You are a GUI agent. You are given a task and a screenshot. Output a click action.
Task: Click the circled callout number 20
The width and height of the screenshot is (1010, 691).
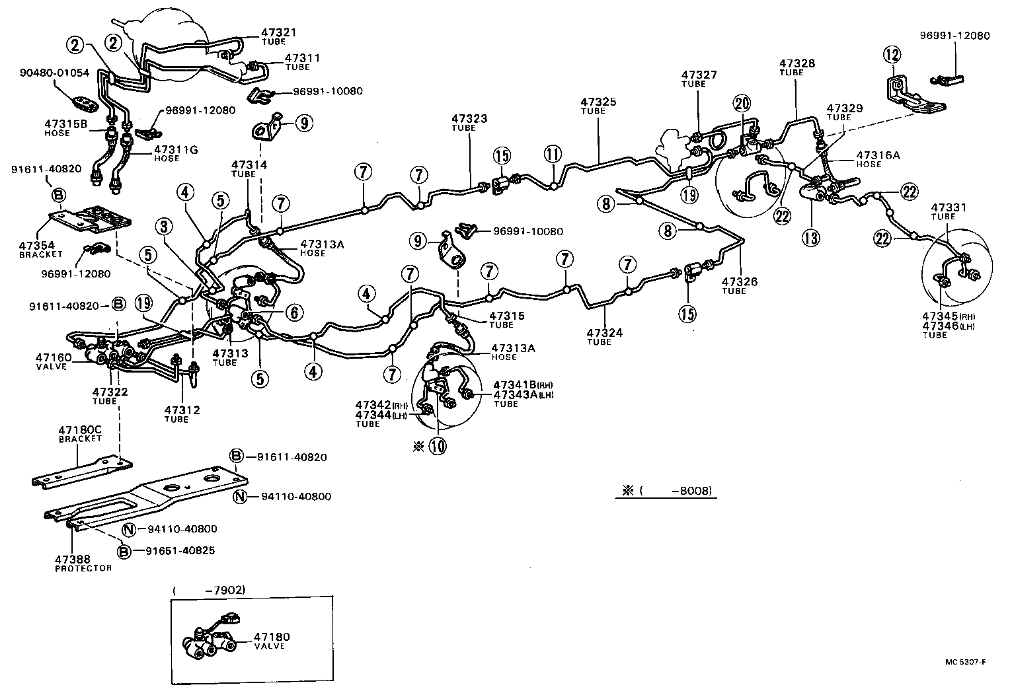pos(742,103)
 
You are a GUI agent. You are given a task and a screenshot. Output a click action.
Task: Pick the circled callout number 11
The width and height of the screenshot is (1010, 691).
pos(553,155)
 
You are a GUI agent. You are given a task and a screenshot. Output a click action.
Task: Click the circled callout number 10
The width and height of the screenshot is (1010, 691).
pos(437,446)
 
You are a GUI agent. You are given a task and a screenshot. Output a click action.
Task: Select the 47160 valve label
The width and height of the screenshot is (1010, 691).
pos(51,361)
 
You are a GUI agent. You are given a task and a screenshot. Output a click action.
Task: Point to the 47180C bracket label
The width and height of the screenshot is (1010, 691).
pos(80,433)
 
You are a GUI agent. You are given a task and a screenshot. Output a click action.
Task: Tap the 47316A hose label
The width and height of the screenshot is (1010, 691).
pos(861,159)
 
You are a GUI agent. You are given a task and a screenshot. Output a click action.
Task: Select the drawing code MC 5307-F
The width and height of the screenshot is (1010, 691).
pos(964,663)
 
